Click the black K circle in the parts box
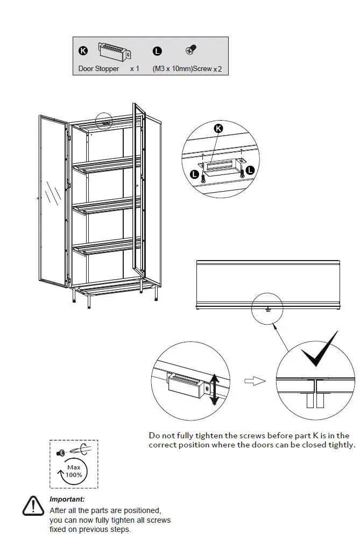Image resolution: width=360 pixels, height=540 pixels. (83, 51)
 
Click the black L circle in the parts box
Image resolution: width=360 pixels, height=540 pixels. (157, 51)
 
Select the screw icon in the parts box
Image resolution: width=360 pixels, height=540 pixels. (190, 50)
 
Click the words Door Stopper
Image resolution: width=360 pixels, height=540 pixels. (98, 69)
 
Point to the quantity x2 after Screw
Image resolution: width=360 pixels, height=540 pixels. (217, 69)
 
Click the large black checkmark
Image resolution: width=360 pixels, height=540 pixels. (319, 353)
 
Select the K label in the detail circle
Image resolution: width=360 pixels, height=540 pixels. (218, 128)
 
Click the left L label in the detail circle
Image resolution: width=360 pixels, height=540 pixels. (194, 173)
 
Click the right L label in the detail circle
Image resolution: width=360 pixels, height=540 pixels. (250, 170)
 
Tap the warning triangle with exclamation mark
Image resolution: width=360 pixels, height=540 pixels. (33, 506)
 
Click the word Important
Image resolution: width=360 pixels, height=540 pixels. (67, 499)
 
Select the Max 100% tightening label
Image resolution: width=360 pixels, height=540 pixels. (74, 471)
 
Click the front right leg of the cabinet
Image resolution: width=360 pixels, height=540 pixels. (156, 294)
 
